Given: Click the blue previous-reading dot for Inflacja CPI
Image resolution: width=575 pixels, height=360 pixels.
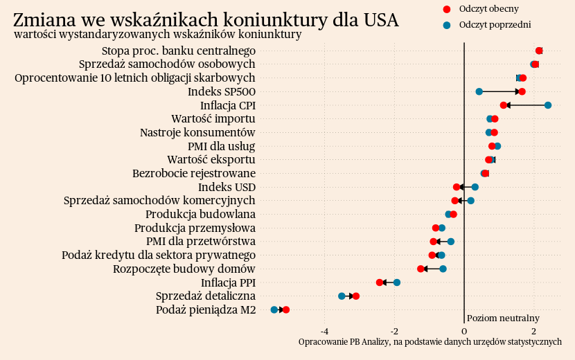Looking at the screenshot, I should (x=547, y=105).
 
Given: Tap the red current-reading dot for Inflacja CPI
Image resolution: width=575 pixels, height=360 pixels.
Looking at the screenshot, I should (x=504, y=105).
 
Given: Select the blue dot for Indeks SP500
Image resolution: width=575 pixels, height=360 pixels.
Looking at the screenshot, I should (x=479, y=91).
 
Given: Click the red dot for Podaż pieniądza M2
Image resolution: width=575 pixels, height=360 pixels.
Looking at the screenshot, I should (x=286, y=309).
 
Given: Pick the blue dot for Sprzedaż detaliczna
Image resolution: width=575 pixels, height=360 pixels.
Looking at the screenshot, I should (x=342, y=296).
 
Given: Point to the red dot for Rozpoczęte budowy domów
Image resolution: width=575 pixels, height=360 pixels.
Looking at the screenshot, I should (x=421, y=269).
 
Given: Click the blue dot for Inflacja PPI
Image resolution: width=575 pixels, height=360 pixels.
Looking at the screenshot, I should (x=397, y=282).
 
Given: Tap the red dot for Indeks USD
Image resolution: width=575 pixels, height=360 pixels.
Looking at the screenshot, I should (x=457, y=187).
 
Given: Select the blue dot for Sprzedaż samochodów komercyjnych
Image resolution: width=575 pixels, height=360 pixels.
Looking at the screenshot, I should (x=471, y=201).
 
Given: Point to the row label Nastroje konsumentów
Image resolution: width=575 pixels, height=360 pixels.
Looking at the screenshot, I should (x=197, y=132).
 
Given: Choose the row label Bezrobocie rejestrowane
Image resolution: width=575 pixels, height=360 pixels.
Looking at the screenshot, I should (x=194, y=173).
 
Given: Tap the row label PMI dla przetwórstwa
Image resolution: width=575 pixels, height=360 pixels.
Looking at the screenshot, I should (x=201, y=242).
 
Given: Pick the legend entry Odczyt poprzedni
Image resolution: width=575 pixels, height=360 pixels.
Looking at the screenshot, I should (x=495, y=25).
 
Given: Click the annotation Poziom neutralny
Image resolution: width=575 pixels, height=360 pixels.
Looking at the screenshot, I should (x=503, y=318).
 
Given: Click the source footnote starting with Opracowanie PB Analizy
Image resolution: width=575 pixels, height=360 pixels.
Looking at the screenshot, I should (x=430, y=342).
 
